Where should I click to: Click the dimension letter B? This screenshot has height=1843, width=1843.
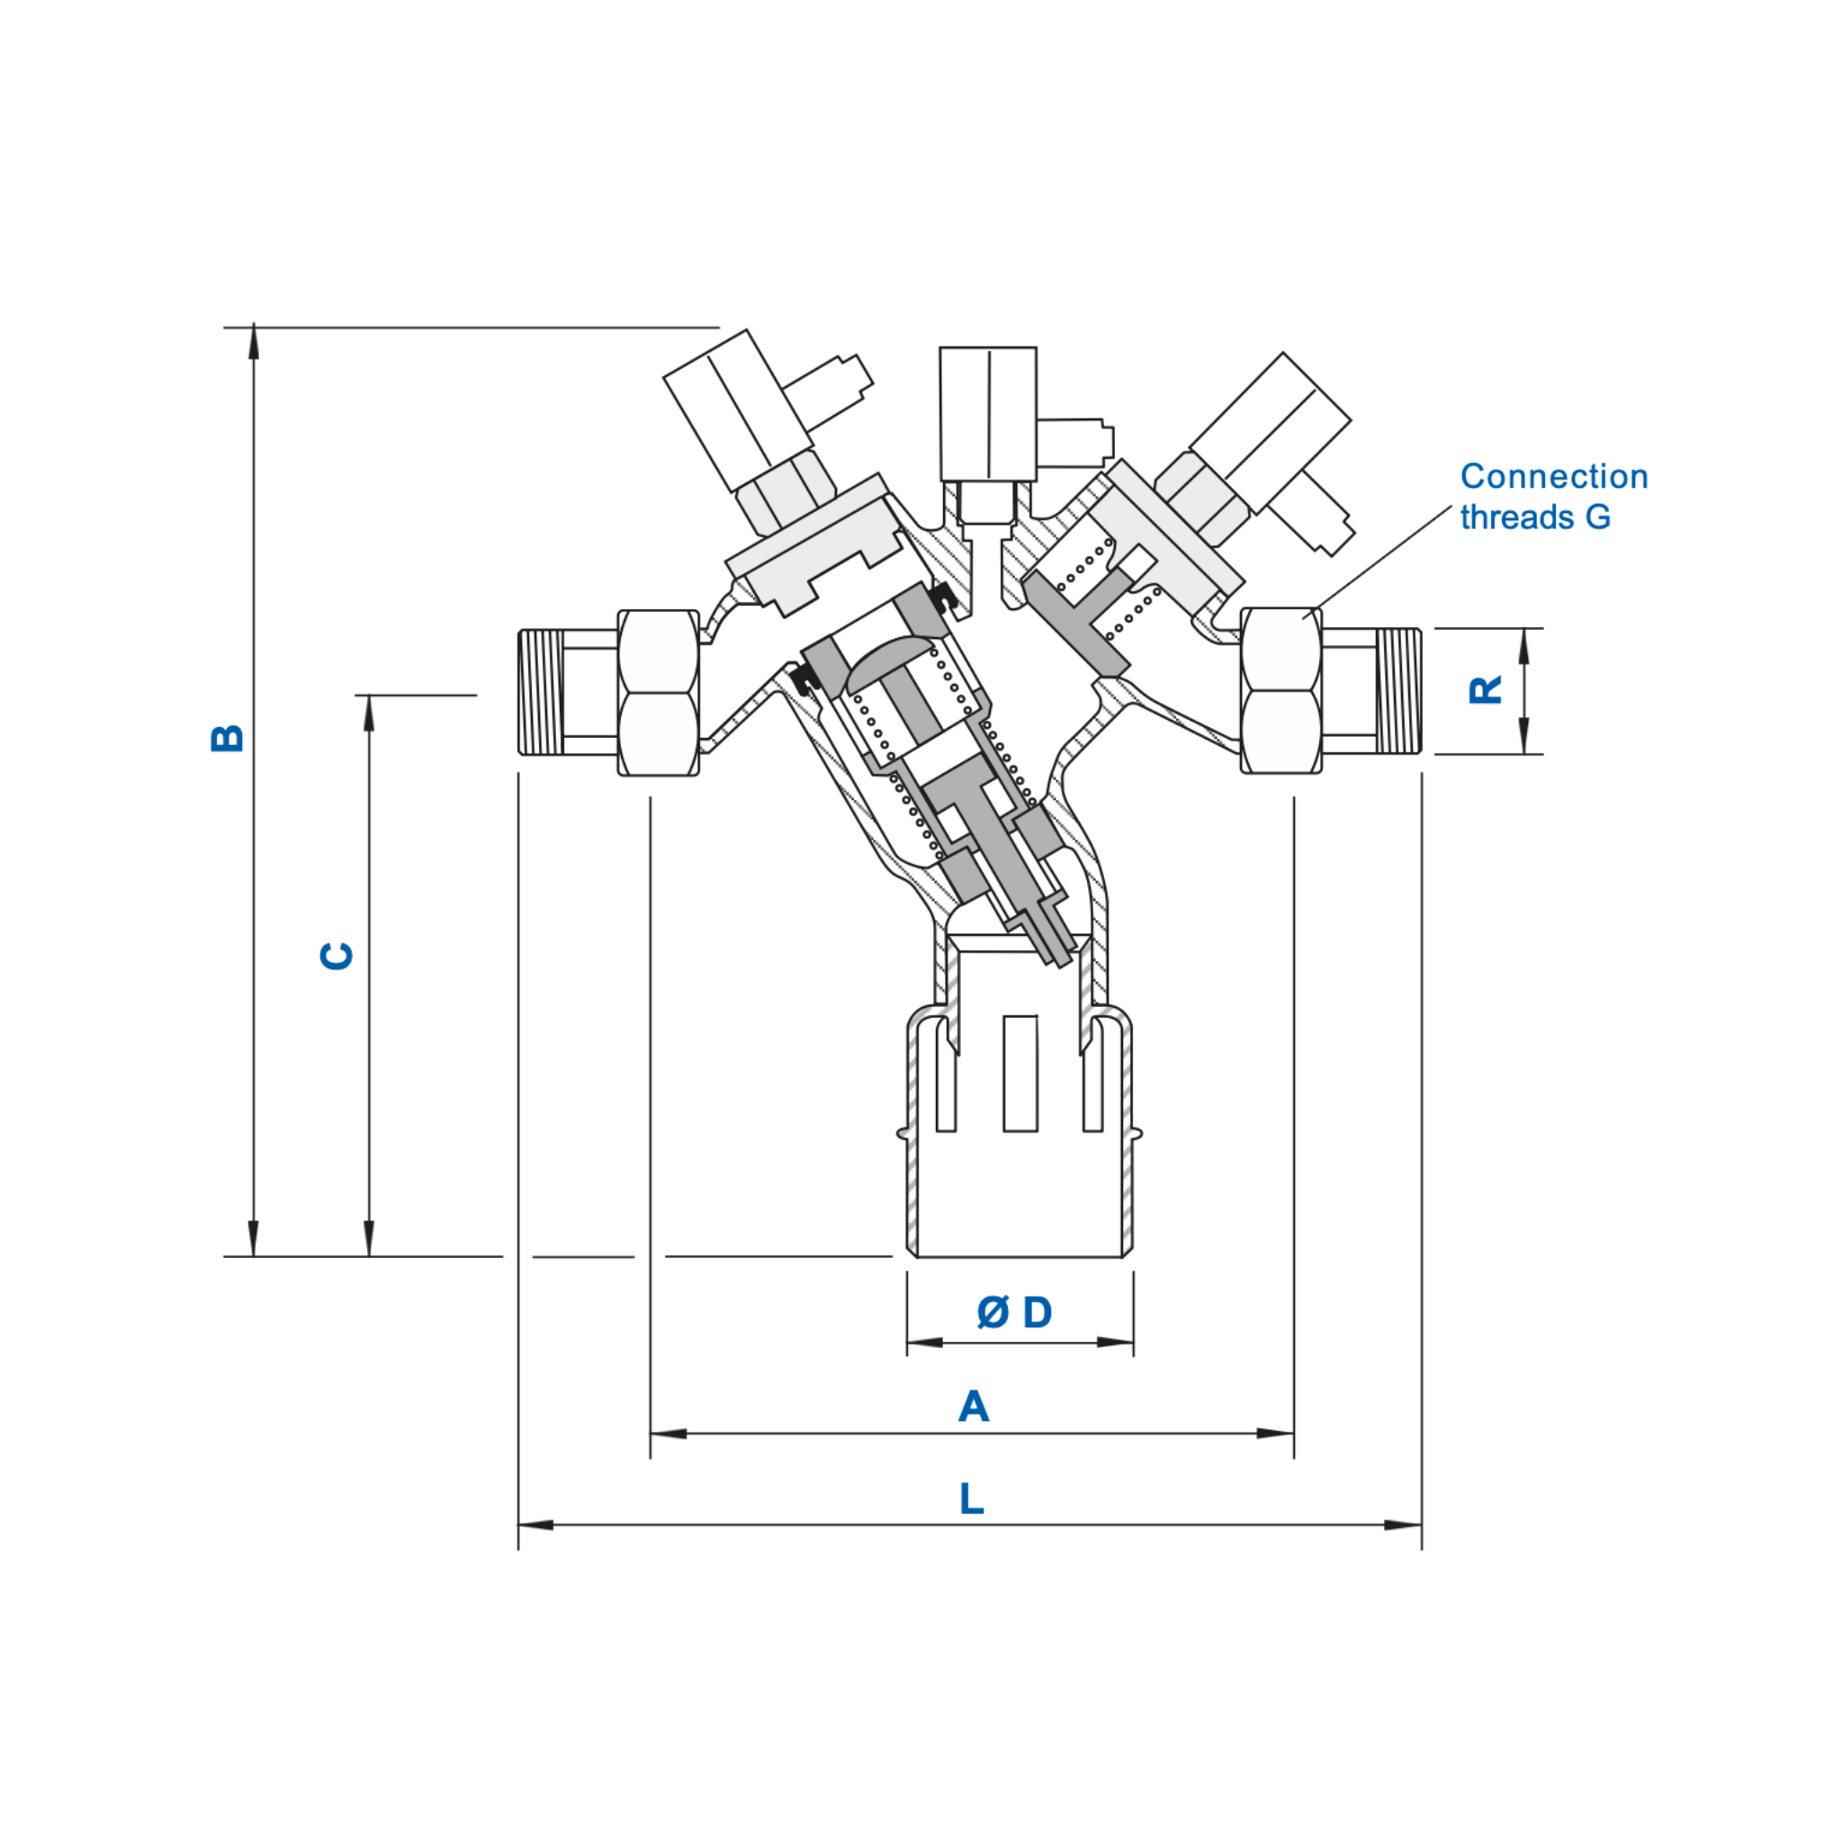[x=227, y=737]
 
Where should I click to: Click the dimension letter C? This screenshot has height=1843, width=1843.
[x=336, y=955]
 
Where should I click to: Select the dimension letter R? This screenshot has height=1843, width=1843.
[x=1485, y=689]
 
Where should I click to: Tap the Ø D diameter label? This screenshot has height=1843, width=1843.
[x=1014, y=1313]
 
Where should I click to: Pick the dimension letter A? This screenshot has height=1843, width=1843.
[x=973, y=1407]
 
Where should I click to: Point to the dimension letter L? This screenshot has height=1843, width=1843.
[x=971, y=1498]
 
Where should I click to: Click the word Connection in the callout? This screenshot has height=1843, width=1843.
[x=1553, y=476]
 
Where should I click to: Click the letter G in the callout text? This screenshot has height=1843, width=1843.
[x=1598, y=517]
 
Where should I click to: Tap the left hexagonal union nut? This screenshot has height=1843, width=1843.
[x=658, y=693]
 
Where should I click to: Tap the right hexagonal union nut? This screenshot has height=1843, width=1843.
[x=1281, y=690]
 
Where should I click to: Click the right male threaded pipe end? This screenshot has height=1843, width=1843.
[x=1399, y=690]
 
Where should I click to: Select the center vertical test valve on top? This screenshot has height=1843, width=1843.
[x=987, y=415]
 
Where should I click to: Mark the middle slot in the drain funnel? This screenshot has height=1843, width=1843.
[x=1020, y=1074]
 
